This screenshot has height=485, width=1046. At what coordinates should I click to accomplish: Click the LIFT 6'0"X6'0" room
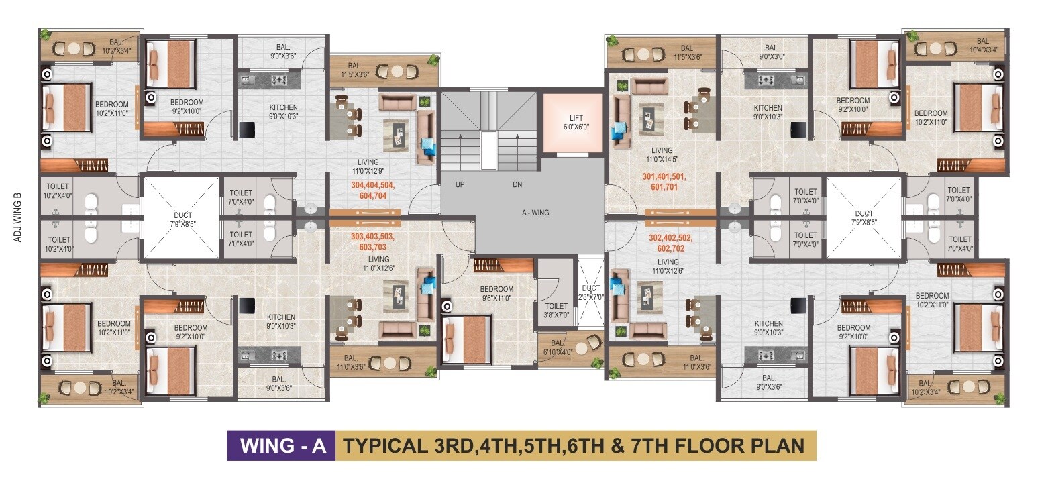pos(573,123)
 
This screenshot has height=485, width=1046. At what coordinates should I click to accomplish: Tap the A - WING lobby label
pos(535,213)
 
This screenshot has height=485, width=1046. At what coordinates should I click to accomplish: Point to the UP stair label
pos(460,184)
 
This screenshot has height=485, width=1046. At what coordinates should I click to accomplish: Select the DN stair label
pos(517,184)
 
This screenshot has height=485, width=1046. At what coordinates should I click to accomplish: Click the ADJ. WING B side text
pos(17,217)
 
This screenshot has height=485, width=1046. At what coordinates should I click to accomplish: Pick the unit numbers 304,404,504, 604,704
pos(372,191)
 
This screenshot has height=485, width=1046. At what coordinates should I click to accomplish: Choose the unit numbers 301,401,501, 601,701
pos(664,182)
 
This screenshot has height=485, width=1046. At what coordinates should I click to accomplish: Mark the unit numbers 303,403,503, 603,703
pos(372,241)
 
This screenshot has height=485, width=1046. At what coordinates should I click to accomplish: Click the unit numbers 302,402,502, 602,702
pos(670,244)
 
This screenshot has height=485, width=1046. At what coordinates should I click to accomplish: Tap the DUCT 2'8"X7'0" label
pos(590,292)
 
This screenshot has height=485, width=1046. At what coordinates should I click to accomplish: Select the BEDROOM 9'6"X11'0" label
pos(496,293)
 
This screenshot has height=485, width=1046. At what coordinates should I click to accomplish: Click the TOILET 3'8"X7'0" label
pos(556,311)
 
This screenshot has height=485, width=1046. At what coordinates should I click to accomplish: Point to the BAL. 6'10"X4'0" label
pos(558,347)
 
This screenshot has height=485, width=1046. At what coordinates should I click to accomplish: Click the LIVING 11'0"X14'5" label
pos(662,154)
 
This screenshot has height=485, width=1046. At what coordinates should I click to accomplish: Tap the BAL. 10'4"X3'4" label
pos(984,45)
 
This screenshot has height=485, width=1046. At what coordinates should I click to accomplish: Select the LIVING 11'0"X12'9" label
pos(368,166)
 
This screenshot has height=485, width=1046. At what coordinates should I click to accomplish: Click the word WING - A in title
pos(283,446)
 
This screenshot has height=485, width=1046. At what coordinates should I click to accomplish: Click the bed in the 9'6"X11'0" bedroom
pos(468,339)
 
